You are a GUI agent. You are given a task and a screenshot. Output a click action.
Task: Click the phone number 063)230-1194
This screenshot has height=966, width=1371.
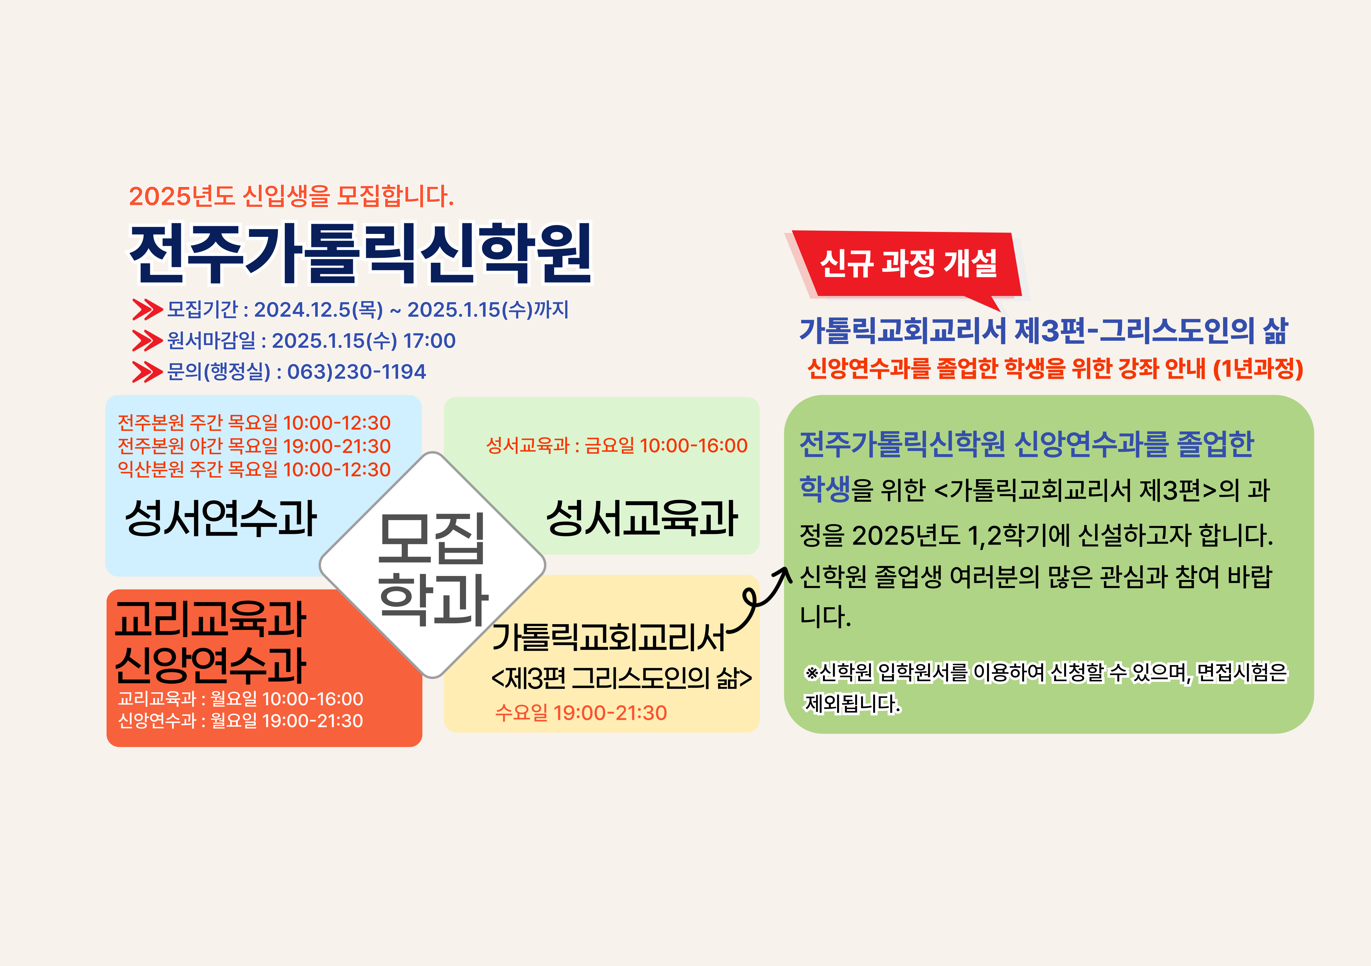point(356,372)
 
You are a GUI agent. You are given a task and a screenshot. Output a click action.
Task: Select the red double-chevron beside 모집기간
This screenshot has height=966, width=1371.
point(147,309)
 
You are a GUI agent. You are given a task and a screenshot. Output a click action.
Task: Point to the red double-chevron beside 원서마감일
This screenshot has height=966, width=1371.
point(147,340)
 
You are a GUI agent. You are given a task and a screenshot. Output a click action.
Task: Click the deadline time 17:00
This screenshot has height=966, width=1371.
point(429,340)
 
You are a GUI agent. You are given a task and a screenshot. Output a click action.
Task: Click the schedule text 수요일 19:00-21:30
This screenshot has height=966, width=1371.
point(581,713)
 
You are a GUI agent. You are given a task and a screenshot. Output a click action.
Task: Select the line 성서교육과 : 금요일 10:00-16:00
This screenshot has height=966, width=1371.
point(617,446)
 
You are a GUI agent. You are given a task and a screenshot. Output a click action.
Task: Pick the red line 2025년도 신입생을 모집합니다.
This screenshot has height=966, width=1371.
point(291,196)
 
